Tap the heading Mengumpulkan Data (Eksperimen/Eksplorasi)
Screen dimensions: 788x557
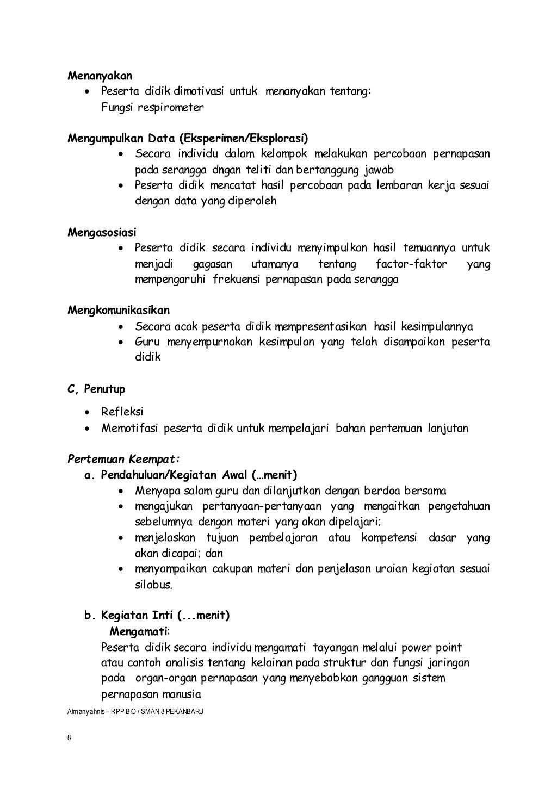tap(188, 138)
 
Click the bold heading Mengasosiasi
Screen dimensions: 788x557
tap(102, 233)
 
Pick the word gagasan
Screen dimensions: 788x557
tap(212, 264)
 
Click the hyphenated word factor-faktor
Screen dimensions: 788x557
tap(411, 264)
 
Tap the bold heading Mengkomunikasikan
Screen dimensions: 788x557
tap(119, 311)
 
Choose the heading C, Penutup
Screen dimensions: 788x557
tap(96, 389)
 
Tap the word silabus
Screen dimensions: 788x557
tap(154, 585)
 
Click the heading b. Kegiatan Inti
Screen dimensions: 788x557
tap(157, 616)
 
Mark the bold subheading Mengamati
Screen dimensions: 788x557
tap(139, 631)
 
